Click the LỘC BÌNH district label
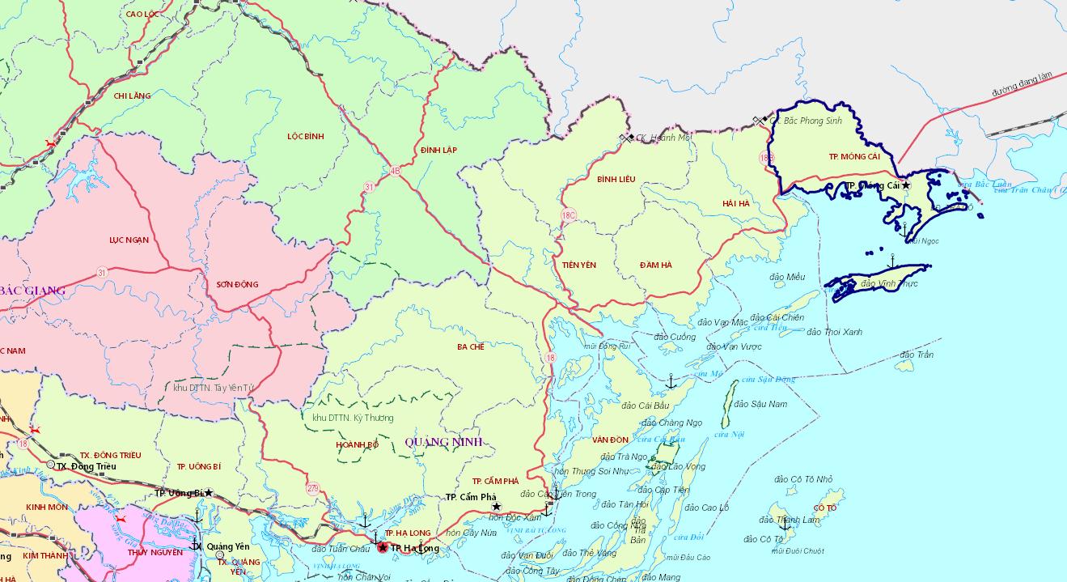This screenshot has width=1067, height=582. pyautogui.click(x=305, y=137)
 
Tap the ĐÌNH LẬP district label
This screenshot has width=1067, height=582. pyautogui.click(x=439, y=151)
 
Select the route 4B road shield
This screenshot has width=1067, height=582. pyautogui.click(x=395, y=171)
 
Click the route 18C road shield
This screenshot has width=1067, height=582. pyautogui.click(x=569, y=215)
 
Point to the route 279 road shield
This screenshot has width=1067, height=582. pyautogui.click(x=312, y=488)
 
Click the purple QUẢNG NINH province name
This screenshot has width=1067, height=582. pyautogui.click(x=442, y=442)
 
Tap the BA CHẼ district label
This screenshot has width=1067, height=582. pyautogui.click(x=470, y=346)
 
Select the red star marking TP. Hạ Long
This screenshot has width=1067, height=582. pyautogui.click(x=382, y=548)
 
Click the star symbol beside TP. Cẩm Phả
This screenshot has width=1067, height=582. pyautogui.click(x=497, y=507)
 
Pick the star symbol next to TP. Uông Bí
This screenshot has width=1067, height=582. pyautogui.click(x=208, y=493)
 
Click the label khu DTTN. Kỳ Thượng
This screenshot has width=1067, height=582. pyautogui.click(x=353, y=418)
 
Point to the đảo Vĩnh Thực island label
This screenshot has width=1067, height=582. pyautogui.click(x=889, y=284)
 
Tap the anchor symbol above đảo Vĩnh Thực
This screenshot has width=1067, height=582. pyautogui.click(x=891, y=261)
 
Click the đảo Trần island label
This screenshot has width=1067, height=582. pyautogui.click(x=917, y=355)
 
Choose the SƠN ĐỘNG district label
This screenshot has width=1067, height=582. pyautogui.click(x=237, y=284)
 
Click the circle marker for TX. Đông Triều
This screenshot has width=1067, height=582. pyautogui.click(x=51, y=465)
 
